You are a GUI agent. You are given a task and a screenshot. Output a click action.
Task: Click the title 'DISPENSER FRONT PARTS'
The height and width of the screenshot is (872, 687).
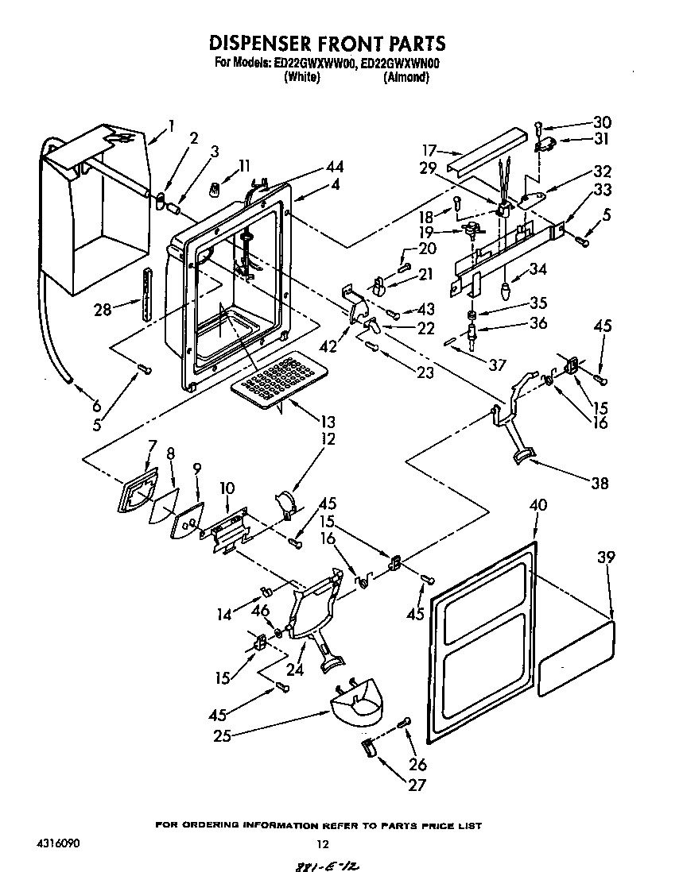click(x=327, y=43)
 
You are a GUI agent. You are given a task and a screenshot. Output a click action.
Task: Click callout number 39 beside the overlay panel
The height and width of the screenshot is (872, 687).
click(x=606, y=559)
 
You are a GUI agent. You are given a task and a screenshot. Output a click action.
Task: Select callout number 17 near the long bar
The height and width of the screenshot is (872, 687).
click(x=430, y=149)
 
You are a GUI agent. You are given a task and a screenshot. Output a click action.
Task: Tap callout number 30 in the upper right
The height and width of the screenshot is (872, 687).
click(x=602, y=122)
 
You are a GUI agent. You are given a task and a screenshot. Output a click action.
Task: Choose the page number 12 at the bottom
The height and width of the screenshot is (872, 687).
click(x=322, y=845)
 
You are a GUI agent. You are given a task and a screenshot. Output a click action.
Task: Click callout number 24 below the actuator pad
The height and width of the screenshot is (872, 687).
click(x=296, y=669)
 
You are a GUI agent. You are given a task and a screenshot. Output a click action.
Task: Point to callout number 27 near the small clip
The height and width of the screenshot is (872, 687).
click(x=416, y=785)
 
